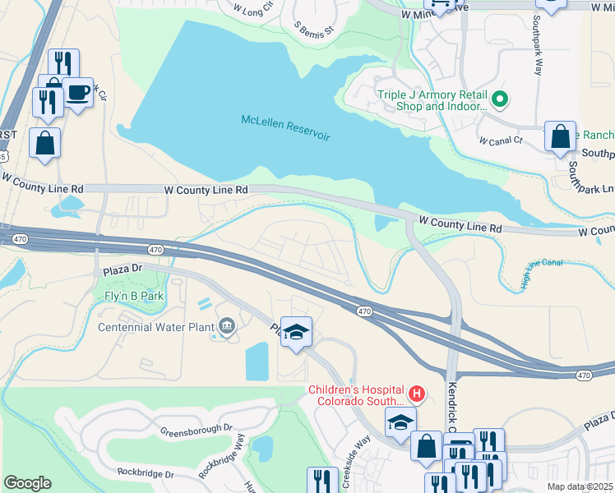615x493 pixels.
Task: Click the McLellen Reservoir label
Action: [x=285, y=127]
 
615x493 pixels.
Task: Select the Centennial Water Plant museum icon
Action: [x=225, y=327]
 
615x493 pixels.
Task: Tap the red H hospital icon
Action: [x=417, y=394]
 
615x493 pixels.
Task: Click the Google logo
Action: [x=27, y=483]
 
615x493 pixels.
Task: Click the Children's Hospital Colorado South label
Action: [x=358, y=395]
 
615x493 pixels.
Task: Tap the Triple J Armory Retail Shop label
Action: [x=432, y=100]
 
